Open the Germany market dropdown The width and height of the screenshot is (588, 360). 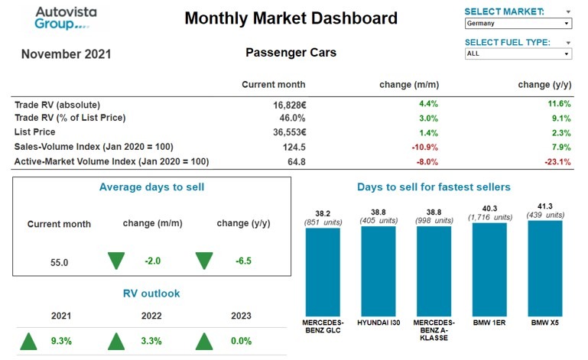click(518, 24)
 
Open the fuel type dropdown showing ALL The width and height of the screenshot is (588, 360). click(518, 54)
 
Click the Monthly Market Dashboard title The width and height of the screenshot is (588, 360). click(291, 18)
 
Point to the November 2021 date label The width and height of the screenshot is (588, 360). click(66, 54)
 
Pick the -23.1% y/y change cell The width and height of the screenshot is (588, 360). click(555, 161)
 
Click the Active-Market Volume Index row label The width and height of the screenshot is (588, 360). click(112, 161)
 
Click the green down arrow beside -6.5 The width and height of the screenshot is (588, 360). click(204, 261)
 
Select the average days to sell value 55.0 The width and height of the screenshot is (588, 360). click(60, 262)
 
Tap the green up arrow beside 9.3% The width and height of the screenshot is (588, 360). click(29, 341)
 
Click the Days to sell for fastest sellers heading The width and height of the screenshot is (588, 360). click(434, 186)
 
